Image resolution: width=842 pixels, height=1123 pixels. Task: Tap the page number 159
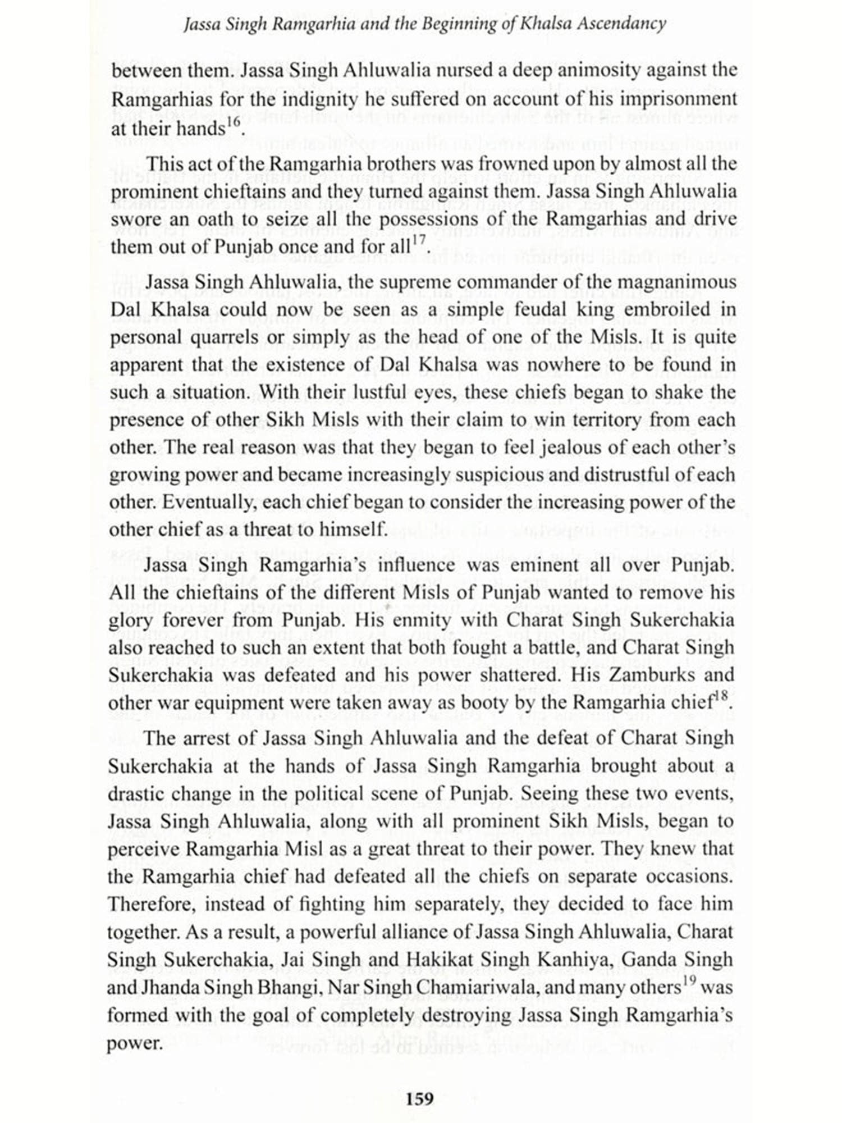(x=420, y=1099)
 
